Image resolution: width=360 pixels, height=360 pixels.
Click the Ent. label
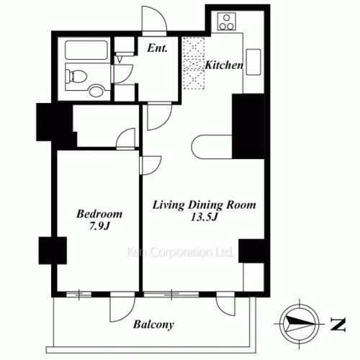(x=157, y=48)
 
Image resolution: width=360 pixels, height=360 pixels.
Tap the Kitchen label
(x=224, y=65)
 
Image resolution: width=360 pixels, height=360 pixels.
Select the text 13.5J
(x=204, y=217)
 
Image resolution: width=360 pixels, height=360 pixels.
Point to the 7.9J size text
(x=99, y=226)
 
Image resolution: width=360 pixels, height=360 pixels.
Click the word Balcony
(x=153, y=325)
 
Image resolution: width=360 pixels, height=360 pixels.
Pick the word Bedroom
(x=99, y=214)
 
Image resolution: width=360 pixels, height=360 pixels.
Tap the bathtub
(x=86, y=50)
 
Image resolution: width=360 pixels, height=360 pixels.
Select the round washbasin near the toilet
(x=96, y=90)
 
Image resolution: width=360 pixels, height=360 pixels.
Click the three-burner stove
(x=227, y=22)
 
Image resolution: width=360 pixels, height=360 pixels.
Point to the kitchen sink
(x=253, y=62)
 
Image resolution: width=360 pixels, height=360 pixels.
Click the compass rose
(x=300, y=323)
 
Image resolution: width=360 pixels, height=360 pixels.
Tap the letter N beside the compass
(x=338, y=324)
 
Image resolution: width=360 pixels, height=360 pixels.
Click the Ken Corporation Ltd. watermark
(x=179, y=252)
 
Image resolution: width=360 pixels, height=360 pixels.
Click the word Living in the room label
(x=168, y=205)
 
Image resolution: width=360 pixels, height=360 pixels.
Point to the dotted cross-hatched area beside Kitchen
(x=194, y=63)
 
